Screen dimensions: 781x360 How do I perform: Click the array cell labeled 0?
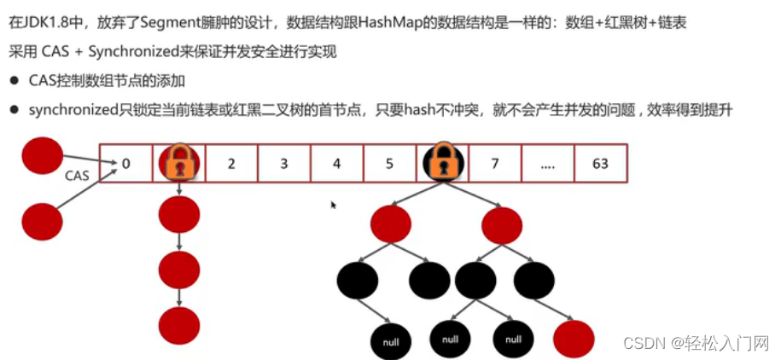[125, 163]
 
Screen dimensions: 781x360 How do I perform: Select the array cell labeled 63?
[600, 163]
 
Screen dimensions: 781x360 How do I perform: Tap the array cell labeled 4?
[336, 163]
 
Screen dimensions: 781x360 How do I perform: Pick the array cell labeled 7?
[494, 163]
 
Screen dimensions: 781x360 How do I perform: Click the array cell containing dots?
[547, 163]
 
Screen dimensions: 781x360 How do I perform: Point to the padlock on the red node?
[178, 163]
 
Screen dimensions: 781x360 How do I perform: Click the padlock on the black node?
[442, 162]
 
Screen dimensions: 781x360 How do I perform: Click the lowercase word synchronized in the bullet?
[73, 110]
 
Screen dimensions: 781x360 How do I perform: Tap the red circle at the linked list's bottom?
[179, 324]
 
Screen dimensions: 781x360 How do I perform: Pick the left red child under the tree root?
[392, 224]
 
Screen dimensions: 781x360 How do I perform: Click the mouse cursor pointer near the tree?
[333, 205]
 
